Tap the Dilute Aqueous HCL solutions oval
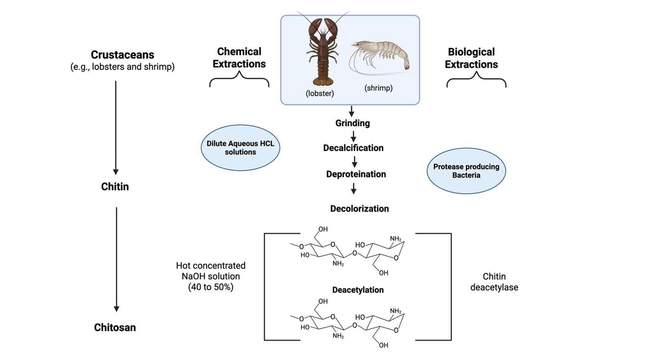tap(240, 148)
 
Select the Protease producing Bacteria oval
tap(466, 171)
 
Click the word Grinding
tap(352, 123)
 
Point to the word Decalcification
tap(353, 148)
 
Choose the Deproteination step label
tap(356, 174)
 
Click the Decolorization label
tap(359, 209)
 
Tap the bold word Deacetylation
tap(358, 290)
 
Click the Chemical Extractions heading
tap(239, 58)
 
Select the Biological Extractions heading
tap(471, 58)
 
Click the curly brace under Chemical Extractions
tap(239, 79)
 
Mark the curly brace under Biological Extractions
tap(476, 79)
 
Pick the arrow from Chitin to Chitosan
tap(116, 259)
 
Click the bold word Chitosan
tap(115, 327)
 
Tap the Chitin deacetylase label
tap(494, 282)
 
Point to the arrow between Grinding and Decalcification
tap(353, 136)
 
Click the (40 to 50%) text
tap(211, 287)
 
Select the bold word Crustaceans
tap(122, 55)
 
